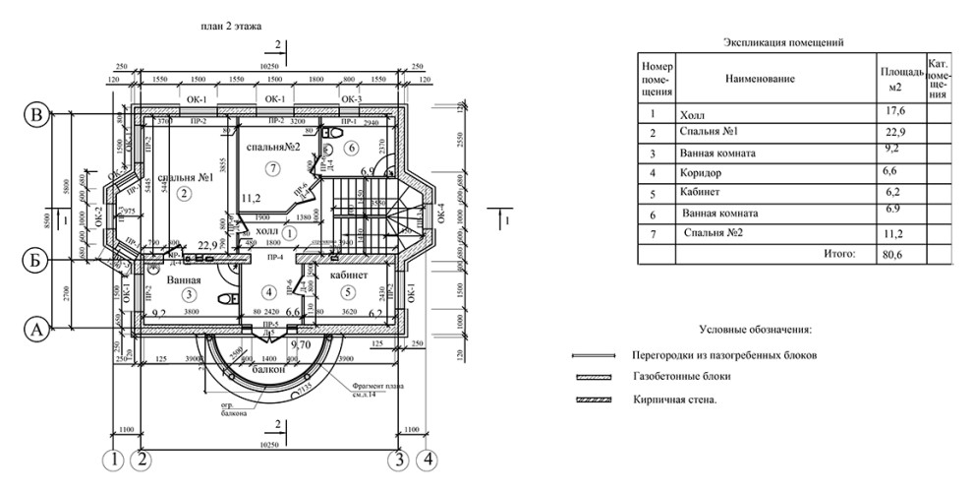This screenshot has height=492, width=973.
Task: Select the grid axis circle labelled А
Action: [x=36, y=331]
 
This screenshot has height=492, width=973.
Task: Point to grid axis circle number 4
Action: [x=426, y=459]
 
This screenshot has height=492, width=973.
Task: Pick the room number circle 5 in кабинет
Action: [x=346, y=292]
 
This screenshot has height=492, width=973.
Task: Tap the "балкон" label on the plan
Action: [x=268, y=369]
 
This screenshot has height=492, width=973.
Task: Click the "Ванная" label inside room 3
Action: [x=183, y=280]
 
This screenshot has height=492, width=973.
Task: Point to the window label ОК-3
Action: [x=352, y=100]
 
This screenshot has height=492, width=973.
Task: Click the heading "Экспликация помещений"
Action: [x=783, y=42]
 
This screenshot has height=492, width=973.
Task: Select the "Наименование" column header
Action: [x=760, y=78]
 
